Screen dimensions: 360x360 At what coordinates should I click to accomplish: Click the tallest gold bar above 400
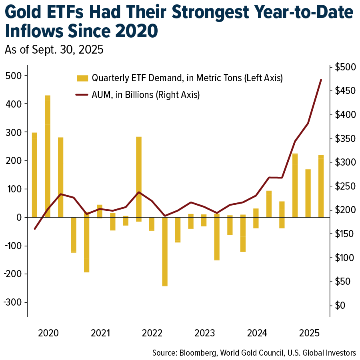[48, 156]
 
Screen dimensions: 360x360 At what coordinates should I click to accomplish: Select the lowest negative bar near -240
[165, 252]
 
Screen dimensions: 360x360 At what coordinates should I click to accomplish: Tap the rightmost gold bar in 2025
[321, 186]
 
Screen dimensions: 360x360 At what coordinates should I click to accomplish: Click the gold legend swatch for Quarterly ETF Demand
[82, 78]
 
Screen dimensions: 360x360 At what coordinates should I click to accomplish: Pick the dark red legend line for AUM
[82, 95]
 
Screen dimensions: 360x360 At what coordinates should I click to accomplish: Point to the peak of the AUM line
[321, 80]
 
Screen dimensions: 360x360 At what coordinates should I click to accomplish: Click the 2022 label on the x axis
[152, 333]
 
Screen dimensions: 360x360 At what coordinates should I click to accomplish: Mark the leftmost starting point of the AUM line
[35, 229]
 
